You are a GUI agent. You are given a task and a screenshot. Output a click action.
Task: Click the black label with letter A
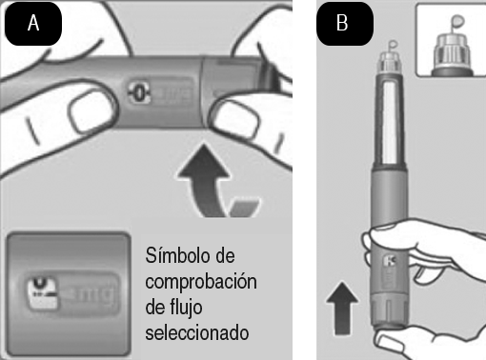(33, 24)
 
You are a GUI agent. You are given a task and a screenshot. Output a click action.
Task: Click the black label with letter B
(345, 24)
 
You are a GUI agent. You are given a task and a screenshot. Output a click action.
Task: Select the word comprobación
(201, 282)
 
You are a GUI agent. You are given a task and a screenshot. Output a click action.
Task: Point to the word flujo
(185, 308)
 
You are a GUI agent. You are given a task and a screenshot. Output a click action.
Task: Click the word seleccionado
(197, 333)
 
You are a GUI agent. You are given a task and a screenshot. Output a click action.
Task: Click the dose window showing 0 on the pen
(139, 93)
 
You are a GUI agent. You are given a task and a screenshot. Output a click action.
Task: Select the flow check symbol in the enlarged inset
(42, 292)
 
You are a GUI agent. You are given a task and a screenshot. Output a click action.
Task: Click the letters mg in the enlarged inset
(95, 293)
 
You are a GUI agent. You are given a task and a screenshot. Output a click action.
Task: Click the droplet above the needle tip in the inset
(457, 22)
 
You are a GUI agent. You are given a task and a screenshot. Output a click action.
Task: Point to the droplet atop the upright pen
(393, 45)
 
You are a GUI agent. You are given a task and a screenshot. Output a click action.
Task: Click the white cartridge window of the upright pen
(390, 122)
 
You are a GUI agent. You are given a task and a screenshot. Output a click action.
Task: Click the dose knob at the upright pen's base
(390, 311)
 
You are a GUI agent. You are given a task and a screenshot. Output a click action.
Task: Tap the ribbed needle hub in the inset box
(452, 50)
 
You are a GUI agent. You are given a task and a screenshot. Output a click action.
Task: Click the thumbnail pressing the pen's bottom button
(389, 344)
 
